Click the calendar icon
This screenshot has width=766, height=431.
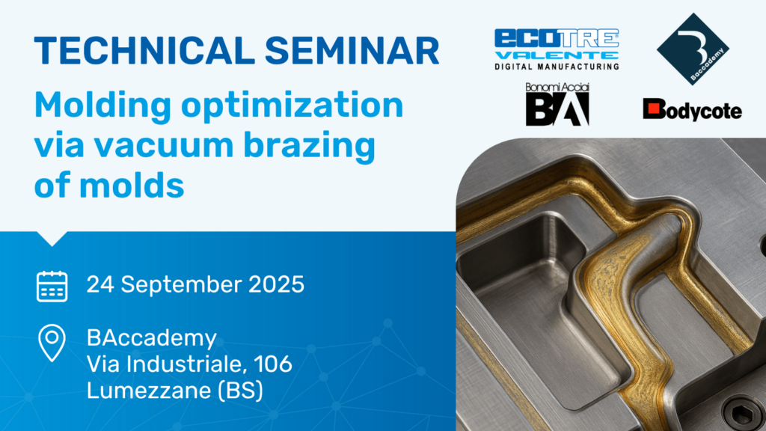click(52, 286)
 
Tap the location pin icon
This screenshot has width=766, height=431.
click(52, 343)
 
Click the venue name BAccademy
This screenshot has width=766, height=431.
click(151, 338)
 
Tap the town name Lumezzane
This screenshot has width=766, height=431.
click(141, 391)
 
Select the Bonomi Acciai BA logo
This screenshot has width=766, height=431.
click(557, 104)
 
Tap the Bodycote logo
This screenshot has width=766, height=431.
click(692, 110)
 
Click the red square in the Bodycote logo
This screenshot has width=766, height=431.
click(655, 110)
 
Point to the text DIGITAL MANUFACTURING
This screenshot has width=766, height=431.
click(557, 67)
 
